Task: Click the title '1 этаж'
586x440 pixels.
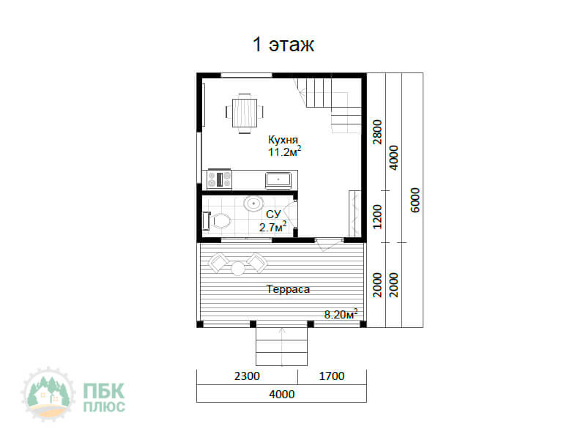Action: tap(283, 45)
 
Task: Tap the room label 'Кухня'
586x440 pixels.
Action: tap(283, 140)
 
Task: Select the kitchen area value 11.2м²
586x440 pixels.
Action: tap(284, 152)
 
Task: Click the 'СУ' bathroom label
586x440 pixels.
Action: tap(273, 215)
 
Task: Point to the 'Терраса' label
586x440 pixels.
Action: tap(288, 289)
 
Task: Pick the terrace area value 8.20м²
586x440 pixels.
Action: tap(341, 314)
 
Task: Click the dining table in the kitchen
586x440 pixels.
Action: tap(245, 112)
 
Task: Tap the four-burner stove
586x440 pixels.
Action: tap(219, 179)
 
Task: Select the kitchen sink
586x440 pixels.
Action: tap(278, 179)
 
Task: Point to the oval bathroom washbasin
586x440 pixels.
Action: tap(253, 204)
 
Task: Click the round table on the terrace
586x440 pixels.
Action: tap(238, 268)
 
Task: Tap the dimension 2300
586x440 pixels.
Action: tap(247, 376)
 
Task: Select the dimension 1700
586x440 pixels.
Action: tap(332, 376)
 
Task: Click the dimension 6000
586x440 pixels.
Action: tap(415, 200)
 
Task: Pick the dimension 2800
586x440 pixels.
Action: tap(378, 132)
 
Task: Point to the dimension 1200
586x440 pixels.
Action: tap(378, 217)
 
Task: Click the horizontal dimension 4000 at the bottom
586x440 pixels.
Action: tap(282, 394)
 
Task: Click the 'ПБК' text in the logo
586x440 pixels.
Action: tap(103, 391)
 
